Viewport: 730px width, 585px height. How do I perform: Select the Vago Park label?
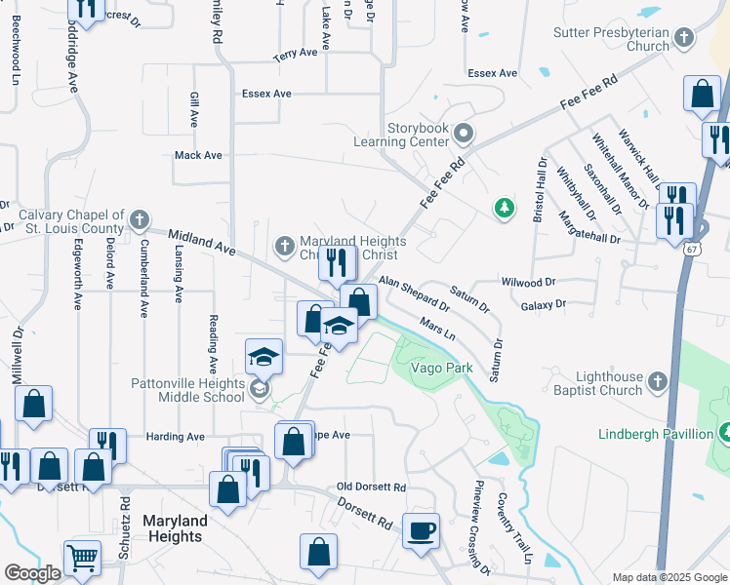pos(441,368)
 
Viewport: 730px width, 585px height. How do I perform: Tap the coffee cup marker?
pos(422,531)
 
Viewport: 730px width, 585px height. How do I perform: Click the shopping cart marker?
pos(83,559)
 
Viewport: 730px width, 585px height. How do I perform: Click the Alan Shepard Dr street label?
pos(414,292)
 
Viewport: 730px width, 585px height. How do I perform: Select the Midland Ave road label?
pos(202,242)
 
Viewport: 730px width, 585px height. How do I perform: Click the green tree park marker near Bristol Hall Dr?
pos(504,208)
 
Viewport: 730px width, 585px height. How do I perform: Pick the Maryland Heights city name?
pos(174,528)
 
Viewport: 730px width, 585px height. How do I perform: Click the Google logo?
pos(32,573)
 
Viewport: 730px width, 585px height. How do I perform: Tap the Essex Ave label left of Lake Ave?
pos(266,94)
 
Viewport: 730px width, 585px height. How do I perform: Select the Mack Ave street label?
pos(198,155)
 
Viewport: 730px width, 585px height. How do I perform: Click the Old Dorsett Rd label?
pos(370,487)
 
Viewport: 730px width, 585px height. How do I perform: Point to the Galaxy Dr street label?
pos(544,305)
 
